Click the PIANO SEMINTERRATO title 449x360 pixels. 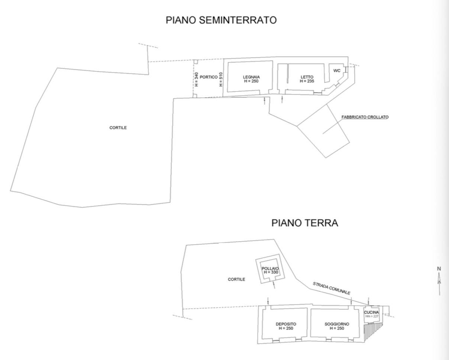pyautogui.click(x=221, y=20)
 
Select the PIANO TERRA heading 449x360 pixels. pyautogui.click(x=305, y=223)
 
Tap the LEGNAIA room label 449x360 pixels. pyautogui.click(x=251, y=77)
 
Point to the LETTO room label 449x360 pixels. pyautogui.click(x=307, y=77)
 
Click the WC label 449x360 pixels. pyautogui.click(x=337, y=71)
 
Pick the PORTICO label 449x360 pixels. pyautogui.click(x=209, y=77)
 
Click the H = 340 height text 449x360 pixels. pyautogui.click(x=196, y=79)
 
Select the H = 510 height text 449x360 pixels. pyautogui.click(x=221, y=79)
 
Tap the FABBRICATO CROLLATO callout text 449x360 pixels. pyautogui.click(x=365, y=117)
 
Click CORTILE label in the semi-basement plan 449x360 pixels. pyautogui.click(x=118, y=128)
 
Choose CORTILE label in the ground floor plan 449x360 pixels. pyautogui.click(x=236, y=279)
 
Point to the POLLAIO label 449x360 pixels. pyautogui.click(x=270, y=269)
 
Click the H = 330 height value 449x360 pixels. pyautogui.click(x=271, y=272)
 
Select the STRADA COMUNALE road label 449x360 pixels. pyautogui.click(x=331, y=288)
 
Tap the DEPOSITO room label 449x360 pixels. pyautogui.click(x=286, y=324)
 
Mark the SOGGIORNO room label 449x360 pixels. pyautogui.click(x=337, y=324)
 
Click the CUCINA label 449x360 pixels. pyautogui.click(x=371, y=312)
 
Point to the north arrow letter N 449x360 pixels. pyautogui.click(x=439, y=269)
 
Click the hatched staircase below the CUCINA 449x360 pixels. pyautogui.click(x=373, y=332)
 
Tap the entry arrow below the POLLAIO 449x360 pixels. pyautogui.click(x=274, y=285)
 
